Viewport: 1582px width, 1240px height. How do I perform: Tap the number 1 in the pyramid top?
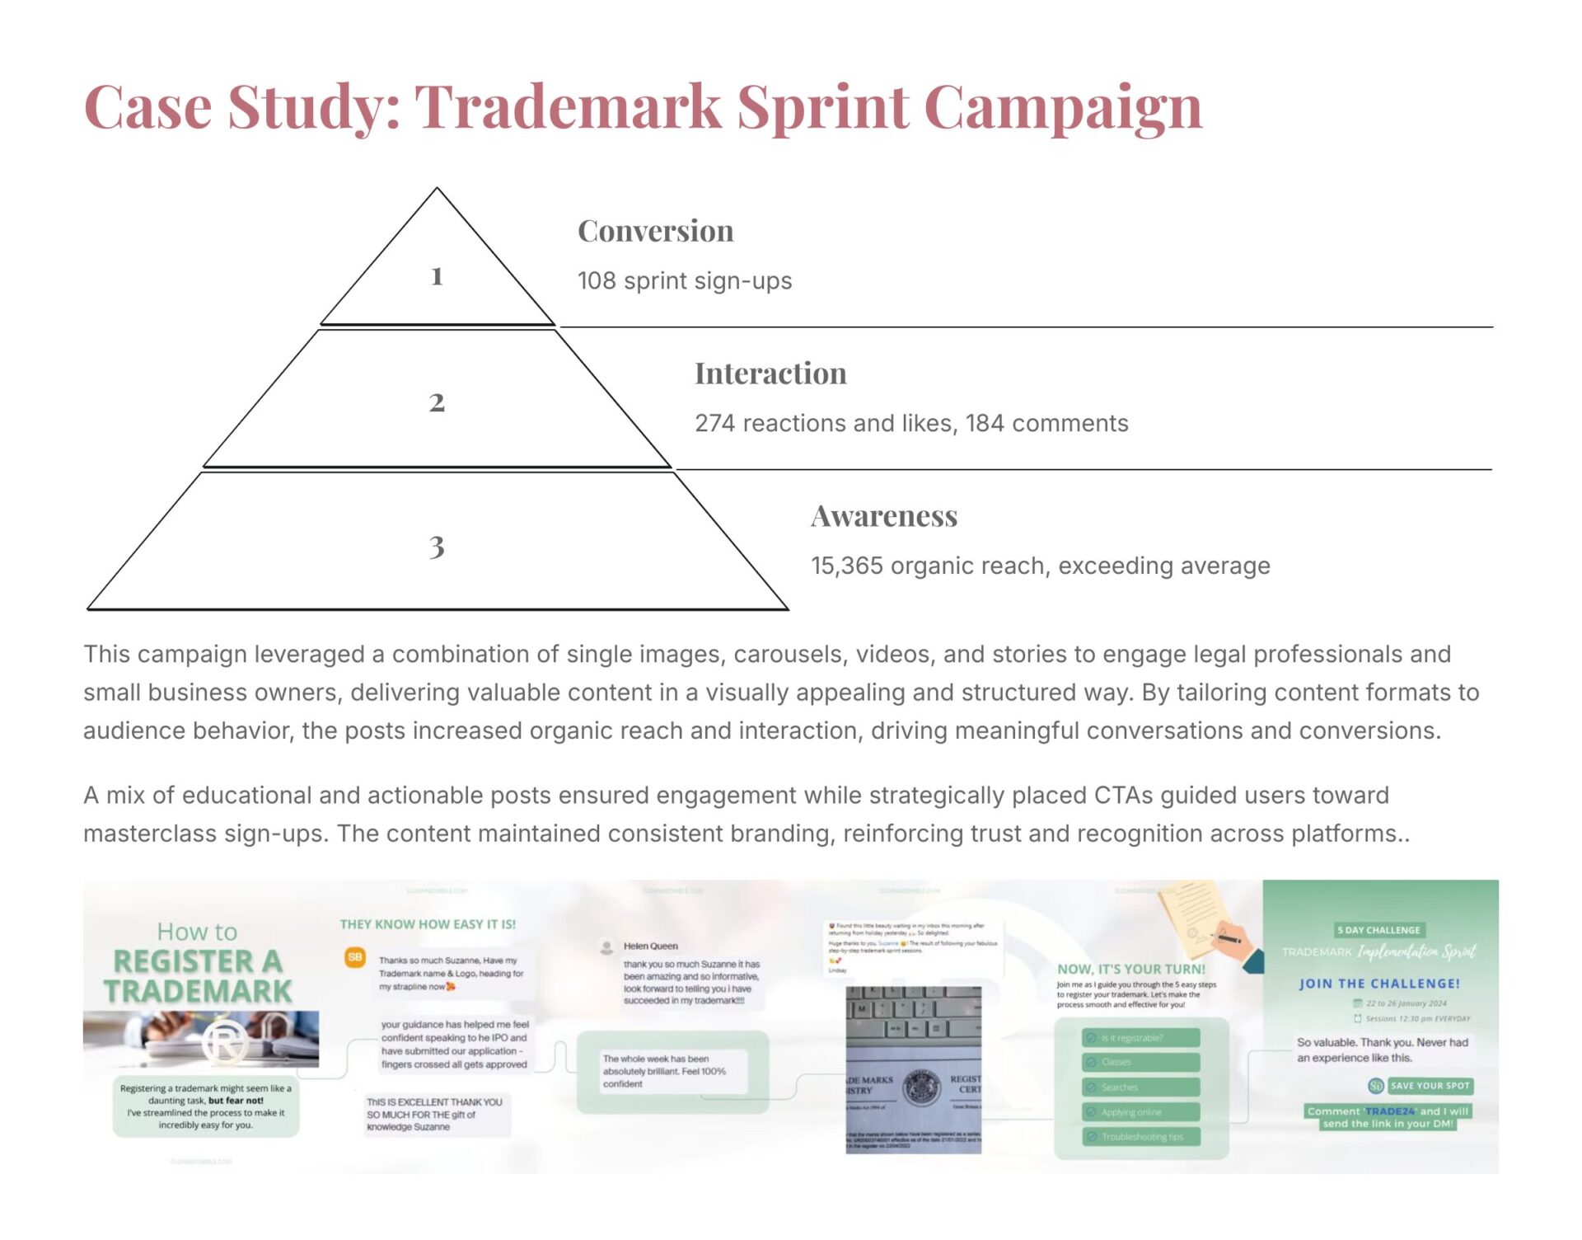point(437,276)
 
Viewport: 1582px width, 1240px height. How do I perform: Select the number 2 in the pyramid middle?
point(437,402)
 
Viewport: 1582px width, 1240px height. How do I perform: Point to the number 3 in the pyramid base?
point(437,547)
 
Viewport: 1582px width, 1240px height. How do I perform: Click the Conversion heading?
point(655,231)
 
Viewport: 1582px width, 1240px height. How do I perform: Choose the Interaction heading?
point(770,373)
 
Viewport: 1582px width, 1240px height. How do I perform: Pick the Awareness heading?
point(884,516)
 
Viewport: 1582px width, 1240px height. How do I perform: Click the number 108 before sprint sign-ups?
point(597,281)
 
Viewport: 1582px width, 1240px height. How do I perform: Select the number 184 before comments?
point(985,424)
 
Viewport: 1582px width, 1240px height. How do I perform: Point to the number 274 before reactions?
point(714,424)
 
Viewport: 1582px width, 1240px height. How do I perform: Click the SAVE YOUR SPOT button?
point(1430,1086)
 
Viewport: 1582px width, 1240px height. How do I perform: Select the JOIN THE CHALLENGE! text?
point(1379,984)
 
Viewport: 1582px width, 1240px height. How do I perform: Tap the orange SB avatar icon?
point(355,957)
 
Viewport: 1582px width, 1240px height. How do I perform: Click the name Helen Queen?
point(650,946)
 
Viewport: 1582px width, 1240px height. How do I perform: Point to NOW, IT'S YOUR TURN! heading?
point(1131,970)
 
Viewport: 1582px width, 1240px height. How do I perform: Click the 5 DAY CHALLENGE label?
point(1378,930)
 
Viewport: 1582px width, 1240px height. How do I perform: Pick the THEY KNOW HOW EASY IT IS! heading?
point(428,925)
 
